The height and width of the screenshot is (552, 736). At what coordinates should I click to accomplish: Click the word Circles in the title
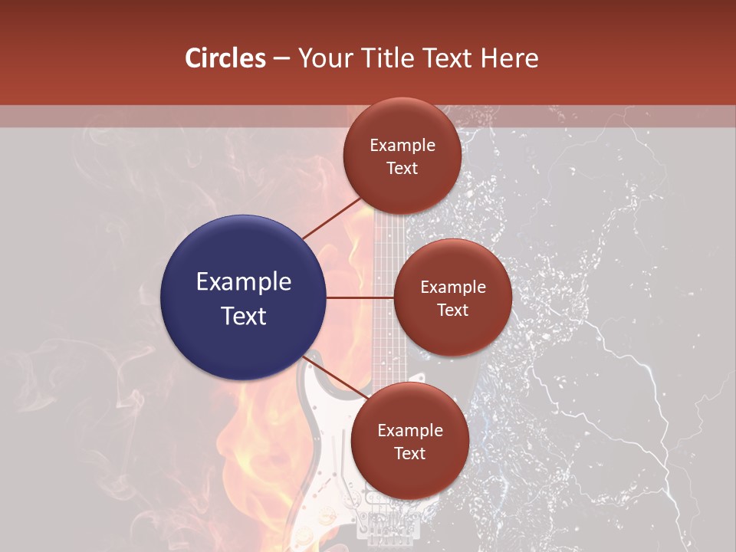tap(225, 58)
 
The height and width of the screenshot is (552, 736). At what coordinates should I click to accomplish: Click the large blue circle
tap(244, 297)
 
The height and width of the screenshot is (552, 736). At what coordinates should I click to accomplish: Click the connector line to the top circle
tap(332, 219)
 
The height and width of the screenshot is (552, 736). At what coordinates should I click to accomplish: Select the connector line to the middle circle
tap(360, 297)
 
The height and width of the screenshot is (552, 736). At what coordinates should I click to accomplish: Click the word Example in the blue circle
tap(244, 281)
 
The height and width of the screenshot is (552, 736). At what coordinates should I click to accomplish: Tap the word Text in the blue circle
tap(244, 315)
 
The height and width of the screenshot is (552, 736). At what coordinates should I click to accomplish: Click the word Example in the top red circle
tap(402, 145)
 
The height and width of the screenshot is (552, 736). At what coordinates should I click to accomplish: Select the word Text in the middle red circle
tap(452, 310)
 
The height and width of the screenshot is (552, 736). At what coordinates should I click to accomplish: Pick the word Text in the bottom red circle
tap(409, 453)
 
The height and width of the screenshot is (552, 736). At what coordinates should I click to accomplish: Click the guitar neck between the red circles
tap(383, 238)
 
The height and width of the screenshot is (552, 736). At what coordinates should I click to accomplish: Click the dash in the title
tap(281, 58)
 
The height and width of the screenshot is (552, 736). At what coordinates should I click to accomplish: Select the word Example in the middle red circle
tap(452, 287)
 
